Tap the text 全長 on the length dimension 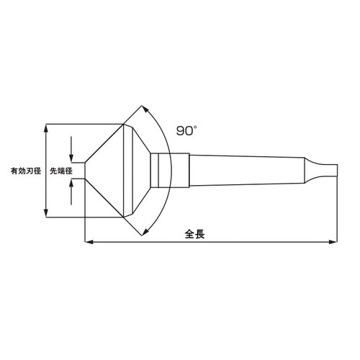pos(194,235)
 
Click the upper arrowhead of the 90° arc pos(148,109)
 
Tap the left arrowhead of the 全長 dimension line pos(89,243)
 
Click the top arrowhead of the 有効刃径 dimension pos(47,127)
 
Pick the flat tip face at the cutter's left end pos(86,171)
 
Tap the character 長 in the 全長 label pos(200,235)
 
